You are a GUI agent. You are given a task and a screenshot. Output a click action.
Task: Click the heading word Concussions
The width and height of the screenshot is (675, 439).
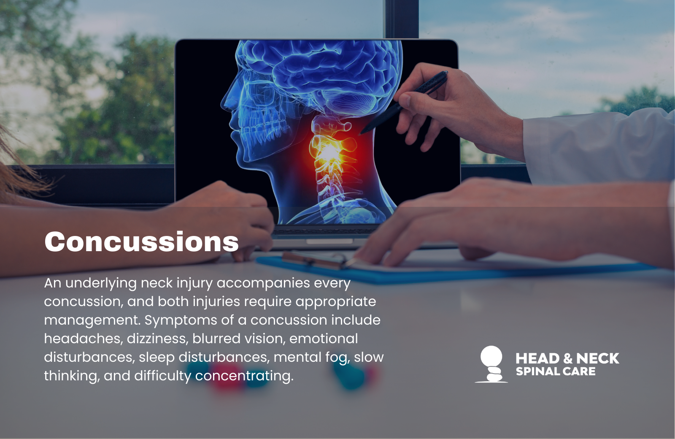(141, 242)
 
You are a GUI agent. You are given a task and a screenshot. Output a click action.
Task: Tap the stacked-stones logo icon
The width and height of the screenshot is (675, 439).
(491, 364)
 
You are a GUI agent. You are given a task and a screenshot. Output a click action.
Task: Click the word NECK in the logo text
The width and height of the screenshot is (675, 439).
(597, 358)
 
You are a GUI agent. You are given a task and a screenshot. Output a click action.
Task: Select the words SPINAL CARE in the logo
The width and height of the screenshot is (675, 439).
(556, 371)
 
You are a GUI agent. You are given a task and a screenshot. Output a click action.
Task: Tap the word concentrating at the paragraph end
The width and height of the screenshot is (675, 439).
(244, 376)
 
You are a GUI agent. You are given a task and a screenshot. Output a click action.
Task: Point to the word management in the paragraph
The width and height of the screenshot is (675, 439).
(92, 320)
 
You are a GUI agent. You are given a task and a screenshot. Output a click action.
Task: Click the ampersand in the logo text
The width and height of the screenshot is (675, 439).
(568, 359)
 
